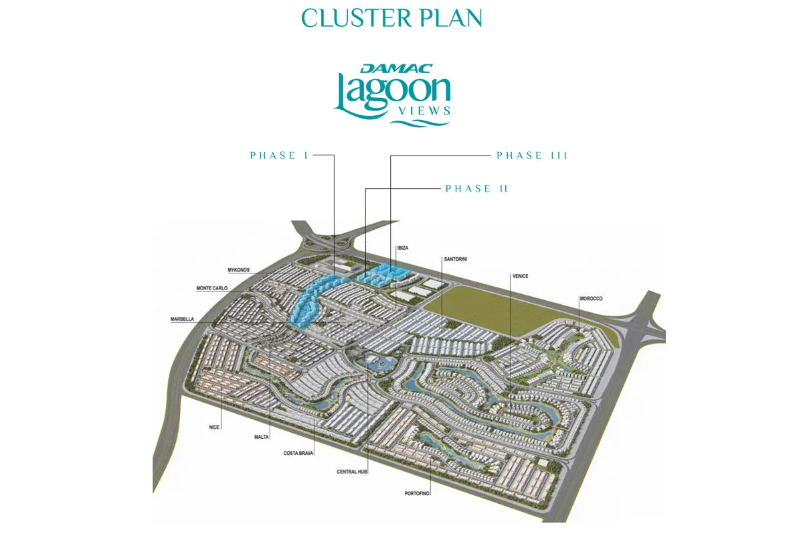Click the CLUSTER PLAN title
pyautogui.click(x=391, y=18)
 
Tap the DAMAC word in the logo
pyautogui.click(x=387, y=68)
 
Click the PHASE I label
pyautogui.click(x=279, y=155)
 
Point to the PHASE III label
pyautogui.click(x=532, y=155)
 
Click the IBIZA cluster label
pyautogui.click(x=402, y=248)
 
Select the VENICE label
pyautogui.click(x=521, y=275)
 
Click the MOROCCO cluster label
pyautogui.click(x=592, y=298)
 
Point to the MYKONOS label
pyautogui.click(x=238, y=270)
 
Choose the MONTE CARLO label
pyautogui.click(x=211, y=288)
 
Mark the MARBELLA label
pyautogui.click(x=182, y=320)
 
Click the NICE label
pyautogui.click(x=214, y=426)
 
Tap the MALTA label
pyautogui.click(x=261, y=437)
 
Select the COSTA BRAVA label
pyautogui.click(x=298, y=454)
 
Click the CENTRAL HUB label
pyautogui.click(x=352, y=472)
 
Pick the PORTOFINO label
pyautogui.click(x=417, y=493)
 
